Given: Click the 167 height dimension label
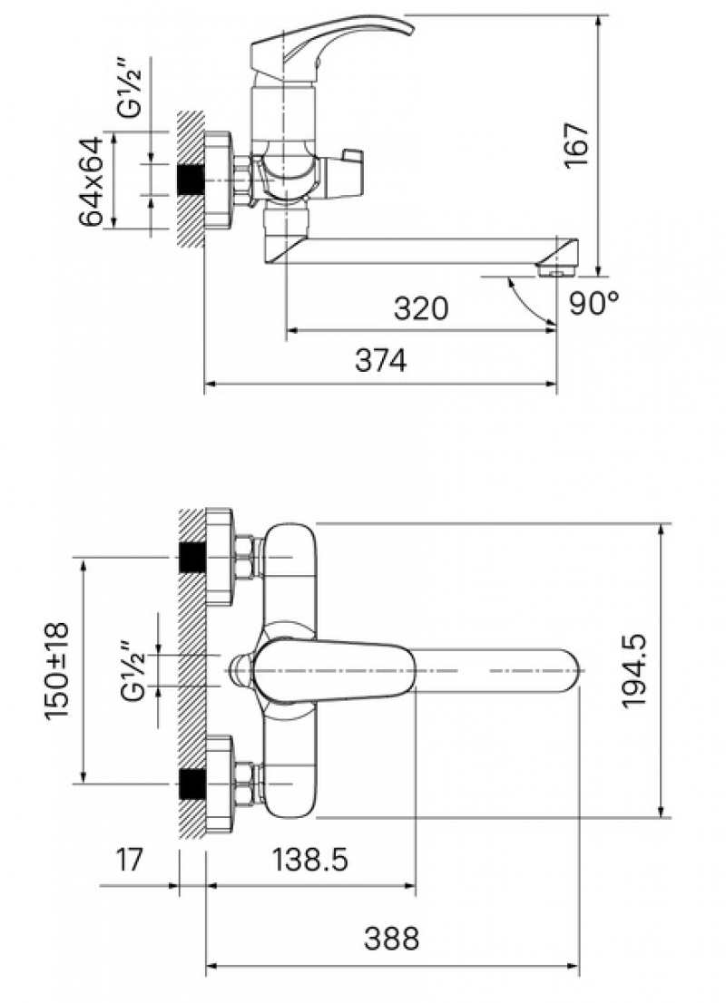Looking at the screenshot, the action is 577,144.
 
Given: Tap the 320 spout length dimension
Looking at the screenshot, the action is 421,308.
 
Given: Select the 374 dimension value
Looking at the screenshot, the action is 380,362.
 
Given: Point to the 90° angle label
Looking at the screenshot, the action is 594,304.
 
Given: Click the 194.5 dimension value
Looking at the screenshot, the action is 634,671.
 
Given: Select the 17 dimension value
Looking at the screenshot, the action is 130,860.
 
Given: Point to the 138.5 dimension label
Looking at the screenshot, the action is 310,860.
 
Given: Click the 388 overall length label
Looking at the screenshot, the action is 392,939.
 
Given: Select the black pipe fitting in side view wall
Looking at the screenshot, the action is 191,180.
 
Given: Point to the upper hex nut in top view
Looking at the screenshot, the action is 244,558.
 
